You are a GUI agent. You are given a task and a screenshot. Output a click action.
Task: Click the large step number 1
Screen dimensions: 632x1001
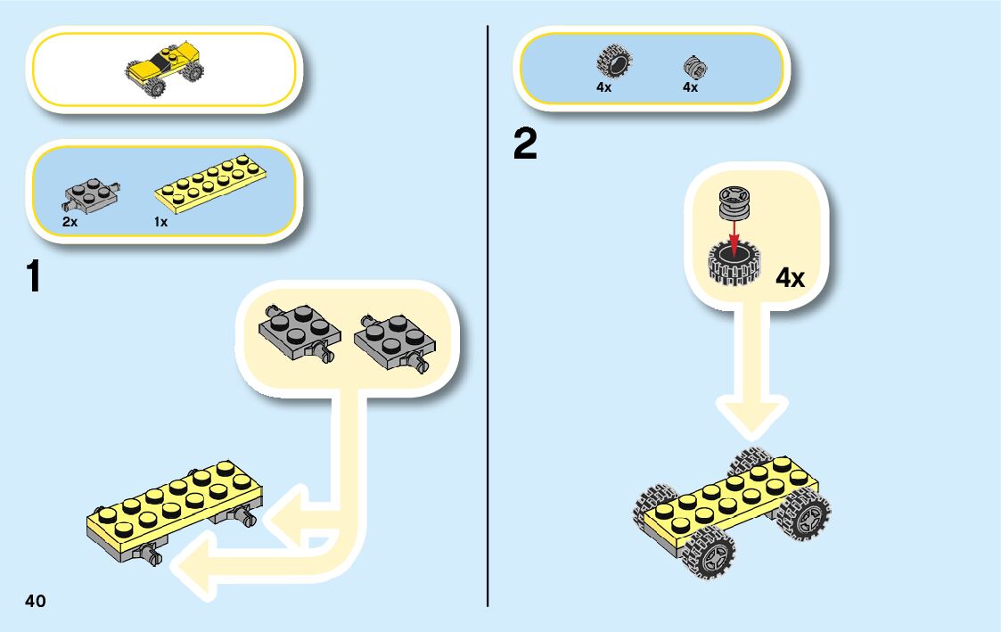pos(34,277)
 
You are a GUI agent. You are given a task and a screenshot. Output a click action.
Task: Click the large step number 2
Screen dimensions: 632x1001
pos(526,145)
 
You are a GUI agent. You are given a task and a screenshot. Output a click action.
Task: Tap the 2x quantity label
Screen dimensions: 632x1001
pos(70,222)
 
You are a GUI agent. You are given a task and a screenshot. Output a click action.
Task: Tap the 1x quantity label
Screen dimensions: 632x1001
pos(160,222)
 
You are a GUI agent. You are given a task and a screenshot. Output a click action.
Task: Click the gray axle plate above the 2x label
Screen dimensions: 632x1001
pos(92,193)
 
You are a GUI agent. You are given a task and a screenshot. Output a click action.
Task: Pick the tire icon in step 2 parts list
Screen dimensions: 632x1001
pos(612,62)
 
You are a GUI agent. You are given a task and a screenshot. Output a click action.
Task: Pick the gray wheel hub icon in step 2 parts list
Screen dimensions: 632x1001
pos(693,66)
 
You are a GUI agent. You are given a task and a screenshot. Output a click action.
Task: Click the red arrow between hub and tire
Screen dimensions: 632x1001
pos(734,236)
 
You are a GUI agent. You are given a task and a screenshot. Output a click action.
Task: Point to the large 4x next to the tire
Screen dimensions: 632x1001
pos(790,278)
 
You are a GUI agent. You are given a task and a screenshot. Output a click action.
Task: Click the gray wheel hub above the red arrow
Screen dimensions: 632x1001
pos(734,203)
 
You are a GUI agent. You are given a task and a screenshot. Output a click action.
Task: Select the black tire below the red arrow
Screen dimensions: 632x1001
pos(732,265)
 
